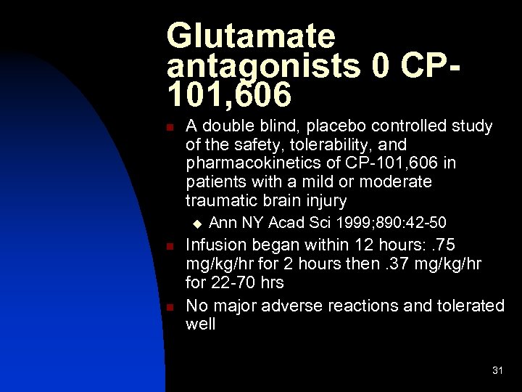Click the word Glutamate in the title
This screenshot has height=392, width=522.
pyautogui.click(x=251, y=36)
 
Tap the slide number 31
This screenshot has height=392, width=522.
pyautogui.click(x=497, y=371)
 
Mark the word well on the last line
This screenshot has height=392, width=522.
pyautogui.click(x=200, y=324)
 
